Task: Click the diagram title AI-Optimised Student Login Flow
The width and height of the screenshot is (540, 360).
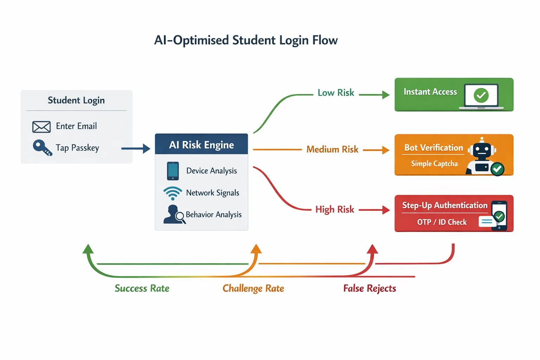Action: coord(246,40)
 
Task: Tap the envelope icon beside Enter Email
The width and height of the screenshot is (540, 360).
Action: coord(41,127)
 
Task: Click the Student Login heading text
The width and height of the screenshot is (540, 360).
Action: coord(76,101)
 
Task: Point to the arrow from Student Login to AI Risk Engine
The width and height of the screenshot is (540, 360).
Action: coord(136,149)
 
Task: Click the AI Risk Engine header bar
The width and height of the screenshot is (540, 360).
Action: coord(201,144)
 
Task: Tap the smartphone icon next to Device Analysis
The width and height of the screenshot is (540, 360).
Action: coord(173,171)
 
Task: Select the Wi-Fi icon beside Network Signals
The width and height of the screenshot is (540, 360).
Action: coord(173,193)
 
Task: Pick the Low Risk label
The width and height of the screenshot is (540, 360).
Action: coord(336,93)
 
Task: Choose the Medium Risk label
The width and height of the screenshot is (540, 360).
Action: coord(332,149)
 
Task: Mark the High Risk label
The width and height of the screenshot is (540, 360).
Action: coord(334,210)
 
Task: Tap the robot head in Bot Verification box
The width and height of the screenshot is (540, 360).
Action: coord(482,150)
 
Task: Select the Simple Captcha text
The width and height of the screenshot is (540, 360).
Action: coord(434,164)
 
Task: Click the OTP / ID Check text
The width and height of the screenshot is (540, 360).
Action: coord(442,222)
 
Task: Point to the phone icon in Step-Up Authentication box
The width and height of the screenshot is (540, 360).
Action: coord(499,216)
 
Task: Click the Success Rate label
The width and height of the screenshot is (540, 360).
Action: coord(142,289)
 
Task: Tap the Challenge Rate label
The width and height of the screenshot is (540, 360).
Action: coord(253,289)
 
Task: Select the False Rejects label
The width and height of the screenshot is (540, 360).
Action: coord(369,289)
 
